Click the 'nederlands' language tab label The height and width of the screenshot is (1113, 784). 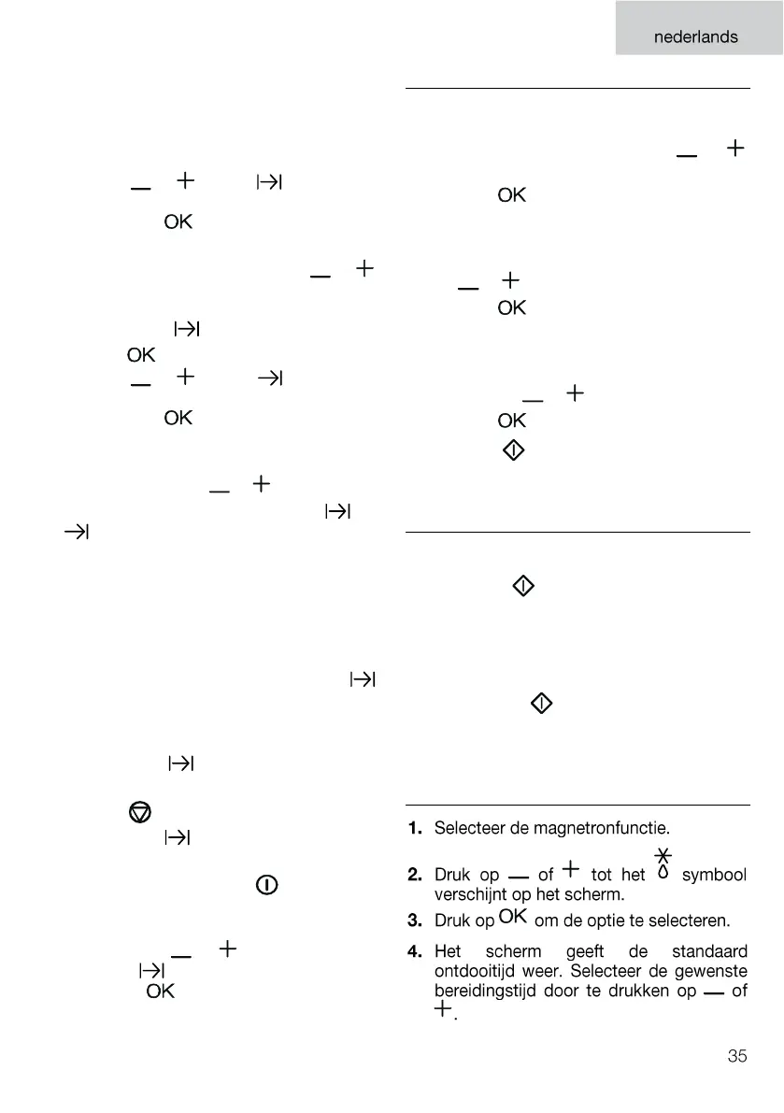tap(695, 37)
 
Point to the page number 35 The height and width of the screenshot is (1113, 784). tap(737, 1057)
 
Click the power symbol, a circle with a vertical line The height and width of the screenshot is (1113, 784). tap(267, 885)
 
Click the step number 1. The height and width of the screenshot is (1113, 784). tap(415, 828)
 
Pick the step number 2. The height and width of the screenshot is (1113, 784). tap(415, 876)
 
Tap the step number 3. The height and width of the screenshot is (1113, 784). tap(415, 920)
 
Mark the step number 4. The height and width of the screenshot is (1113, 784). tap(415, 952)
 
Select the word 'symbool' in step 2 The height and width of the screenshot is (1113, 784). tap(714, 876)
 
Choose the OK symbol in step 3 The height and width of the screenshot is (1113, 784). tap(514, 917)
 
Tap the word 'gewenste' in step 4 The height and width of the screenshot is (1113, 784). tap(711, 972)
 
